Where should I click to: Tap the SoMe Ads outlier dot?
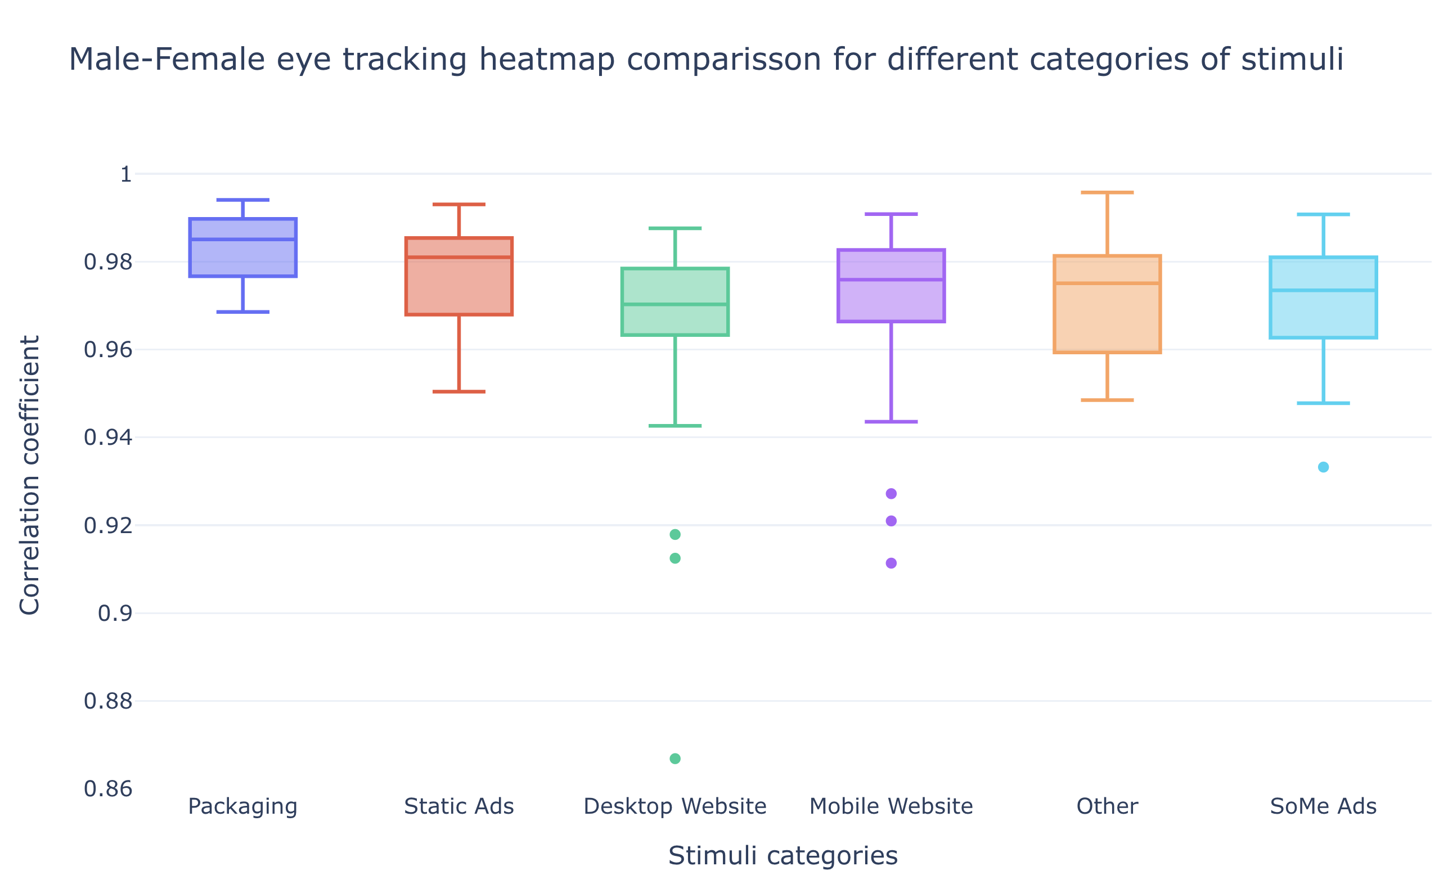(x=1323, y=467)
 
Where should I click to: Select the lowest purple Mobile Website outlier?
(x=891, y=563)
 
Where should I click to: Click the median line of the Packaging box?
(x=242, y=239)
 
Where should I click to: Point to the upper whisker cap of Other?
(x=1107, y=192)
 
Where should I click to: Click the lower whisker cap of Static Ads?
(x=459, y=391)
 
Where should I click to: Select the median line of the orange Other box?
(x=1107, y=283)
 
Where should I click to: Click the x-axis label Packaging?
(x=242, y=806)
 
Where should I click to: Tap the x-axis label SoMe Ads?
(x=1323, y=806)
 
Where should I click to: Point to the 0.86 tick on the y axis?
(x=108, y=789)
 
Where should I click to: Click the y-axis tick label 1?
(x=125, y=174)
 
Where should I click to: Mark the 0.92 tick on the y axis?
(x=108, y=526)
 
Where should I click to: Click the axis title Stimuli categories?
(x=783, y=855)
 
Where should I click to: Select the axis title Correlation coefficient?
(x=29, y=475)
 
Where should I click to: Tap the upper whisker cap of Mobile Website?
(x=891, y=214)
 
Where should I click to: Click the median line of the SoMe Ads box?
(x=1323, y=290)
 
